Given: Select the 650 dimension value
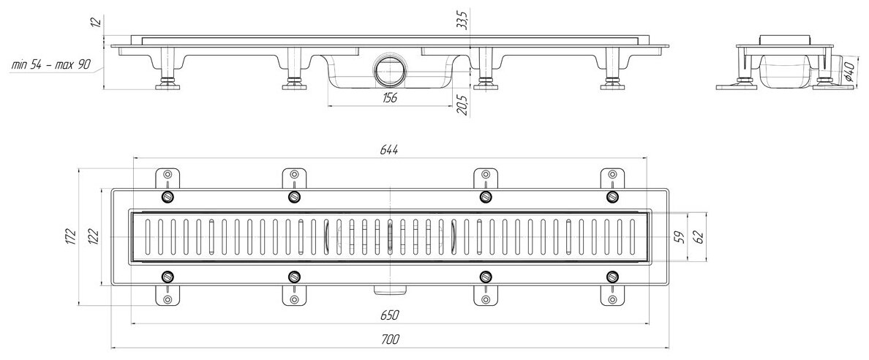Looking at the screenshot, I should pyautogui.click(x=389, y=315).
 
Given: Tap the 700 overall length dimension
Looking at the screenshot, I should pyautogui.click(x=389, y=338).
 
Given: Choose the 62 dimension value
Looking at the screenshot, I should pyautogui.click(x=699, y=237).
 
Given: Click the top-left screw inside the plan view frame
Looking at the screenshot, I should pyautogui.click(x=168, y=198).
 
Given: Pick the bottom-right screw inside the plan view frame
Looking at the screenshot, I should pyautogui.click(x=612, y=277).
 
